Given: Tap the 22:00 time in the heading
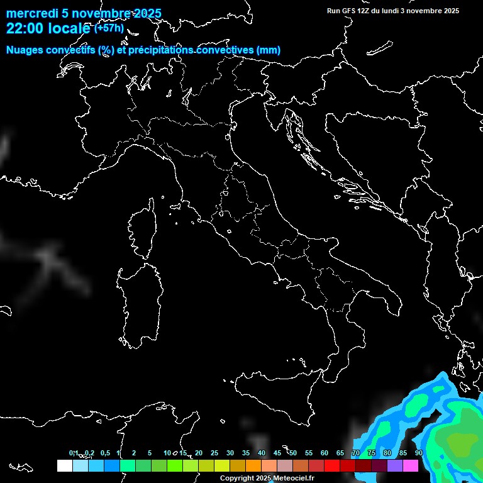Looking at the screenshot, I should coord(25,28).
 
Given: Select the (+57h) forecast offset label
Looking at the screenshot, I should coord(109,28).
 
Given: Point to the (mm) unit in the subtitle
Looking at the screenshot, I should coord(269,50).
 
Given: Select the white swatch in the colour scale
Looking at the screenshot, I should coord(64,466).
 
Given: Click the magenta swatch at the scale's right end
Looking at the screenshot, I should coord(411,466).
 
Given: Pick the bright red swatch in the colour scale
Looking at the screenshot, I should coord(332,466).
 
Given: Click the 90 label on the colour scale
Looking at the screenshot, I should coord(419,453).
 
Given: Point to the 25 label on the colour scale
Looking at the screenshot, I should coord(214,453).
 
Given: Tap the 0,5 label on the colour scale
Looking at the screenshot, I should coord(105,453).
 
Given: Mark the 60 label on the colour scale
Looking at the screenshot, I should coord(325,453).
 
